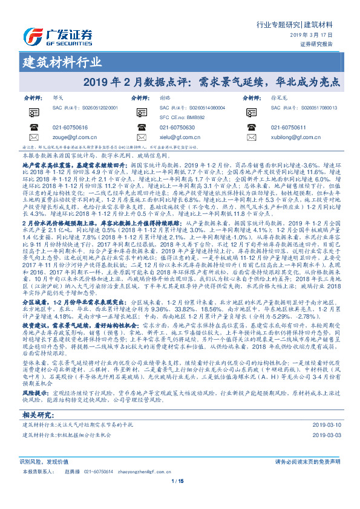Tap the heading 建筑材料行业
62,62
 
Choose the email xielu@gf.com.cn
178,137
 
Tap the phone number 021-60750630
180,128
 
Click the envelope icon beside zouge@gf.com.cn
31,137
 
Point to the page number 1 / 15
180,482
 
